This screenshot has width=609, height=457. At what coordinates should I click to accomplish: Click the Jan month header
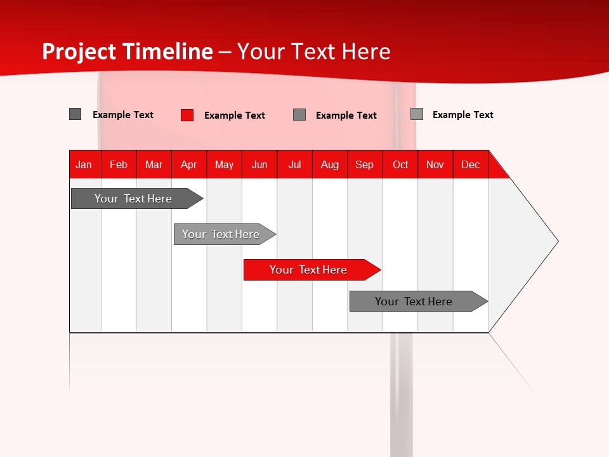pos(84,164)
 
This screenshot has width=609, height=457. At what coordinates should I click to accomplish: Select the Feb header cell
pos(119,164)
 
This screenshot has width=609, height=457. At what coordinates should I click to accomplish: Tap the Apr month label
pos(189,164)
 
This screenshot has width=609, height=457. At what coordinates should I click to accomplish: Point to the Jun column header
pos(259,164)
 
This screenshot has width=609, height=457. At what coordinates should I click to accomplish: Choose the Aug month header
pos(330,164)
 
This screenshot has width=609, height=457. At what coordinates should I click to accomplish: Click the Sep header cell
pos(365,164)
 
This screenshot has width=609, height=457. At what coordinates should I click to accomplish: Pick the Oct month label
pos(400,164)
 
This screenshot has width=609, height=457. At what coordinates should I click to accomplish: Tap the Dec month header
pos(471,164)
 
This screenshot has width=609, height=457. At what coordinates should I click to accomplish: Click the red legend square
pos(187,115)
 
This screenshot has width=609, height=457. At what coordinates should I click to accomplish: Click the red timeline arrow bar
pos(308,270)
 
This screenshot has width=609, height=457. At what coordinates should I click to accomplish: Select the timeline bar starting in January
pos(133,199)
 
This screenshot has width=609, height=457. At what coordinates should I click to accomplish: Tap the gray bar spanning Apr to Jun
pos(221,234)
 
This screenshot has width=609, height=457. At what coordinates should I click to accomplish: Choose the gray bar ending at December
pos(414,301)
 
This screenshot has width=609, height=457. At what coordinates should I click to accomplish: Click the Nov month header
pos(435,164)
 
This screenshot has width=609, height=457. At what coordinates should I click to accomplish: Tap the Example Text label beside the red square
pos(235,116)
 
